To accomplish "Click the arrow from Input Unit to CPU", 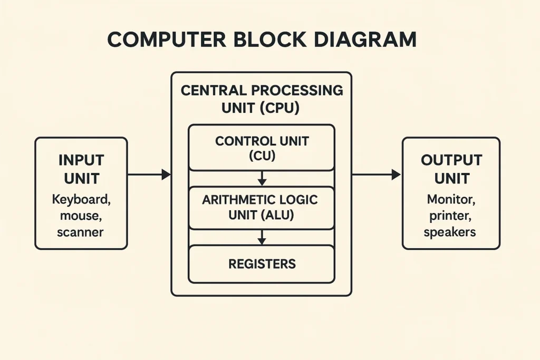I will (x=149, y=174).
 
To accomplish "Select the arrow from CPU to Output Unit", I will (x=376, y=174).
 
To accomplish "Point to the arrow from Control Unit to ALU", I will (x=262, y=178).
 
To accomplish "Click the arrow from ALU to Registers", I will (x=262, y=237).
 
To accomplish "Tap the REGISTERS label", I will (x=262, y=264).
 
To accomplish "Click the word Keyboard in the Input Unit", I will (x=81, y=200).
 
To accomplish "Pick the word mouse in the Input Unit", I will (x=81, y=216).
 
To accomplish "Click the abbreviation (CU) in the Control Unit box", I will (x=262, y=156).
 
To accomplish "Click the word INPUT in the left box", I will (x=81, y=160).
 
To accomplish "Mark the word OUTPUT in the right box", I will (x=451, y=160).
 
